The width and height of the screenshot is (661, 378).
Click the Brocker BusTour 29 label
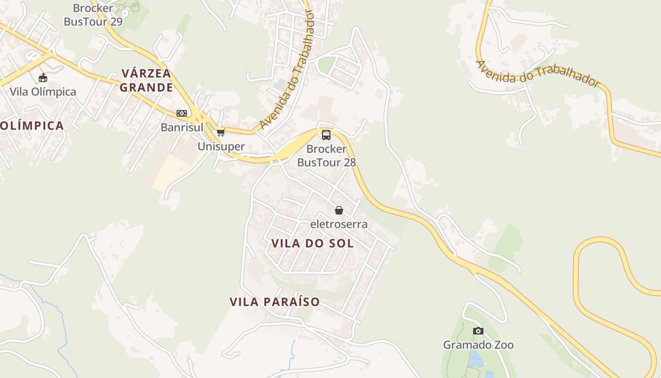[93, 15]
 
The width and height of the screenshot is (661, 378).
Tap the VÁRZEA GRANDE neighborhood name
[146, 80]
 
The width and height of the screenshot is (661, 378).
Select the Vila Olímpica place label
[43, 91]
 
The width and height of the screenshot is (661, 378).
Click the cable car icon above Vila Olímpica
[43, 78]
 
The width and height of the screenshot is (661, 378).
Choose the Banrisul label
[182, 127]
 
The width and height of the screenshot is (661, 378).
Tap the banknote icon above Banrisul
[182, 113]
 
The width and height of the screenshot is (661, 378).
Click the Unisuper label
[221, 146]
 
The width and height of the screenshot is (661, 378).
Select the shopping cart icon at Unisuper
[220, 133]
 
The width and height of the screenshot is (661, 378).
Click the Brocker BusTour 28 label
[326, 155]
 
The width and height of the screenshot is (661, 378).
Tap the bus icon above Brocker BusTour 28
[326, 135]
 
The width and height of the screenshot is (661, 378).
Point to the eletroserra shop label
[339, 224]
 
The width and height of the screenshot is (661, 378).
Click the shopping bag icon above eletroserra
[339, 210]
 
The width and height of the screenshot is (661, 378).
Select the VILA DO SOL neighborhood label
[313, 243]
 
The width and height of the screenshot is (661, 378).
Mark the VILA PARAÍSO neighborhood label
[275, 301]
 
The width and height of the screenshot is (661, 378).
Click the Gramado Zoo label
[478, 344]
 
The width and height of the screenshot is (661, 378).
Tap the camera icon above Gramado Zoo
[478, 331]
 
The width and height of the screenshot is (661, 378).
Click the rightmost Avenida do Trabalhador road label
[537, 74]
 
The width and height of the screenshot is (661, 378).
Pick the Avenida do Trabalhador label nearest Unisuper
[287, 71]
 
